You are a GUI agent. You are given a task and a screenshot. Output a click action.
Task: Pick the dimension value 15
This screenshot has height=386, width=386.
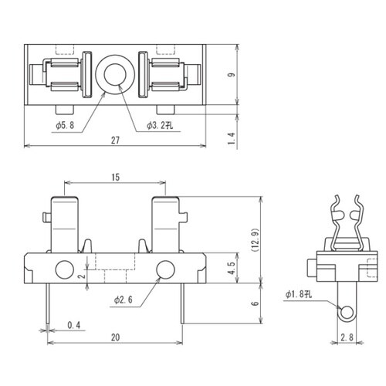[115, 177]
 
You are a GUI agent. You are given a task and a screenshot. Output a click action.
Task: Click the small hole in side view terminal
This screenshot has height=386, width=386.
[347, 312]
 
